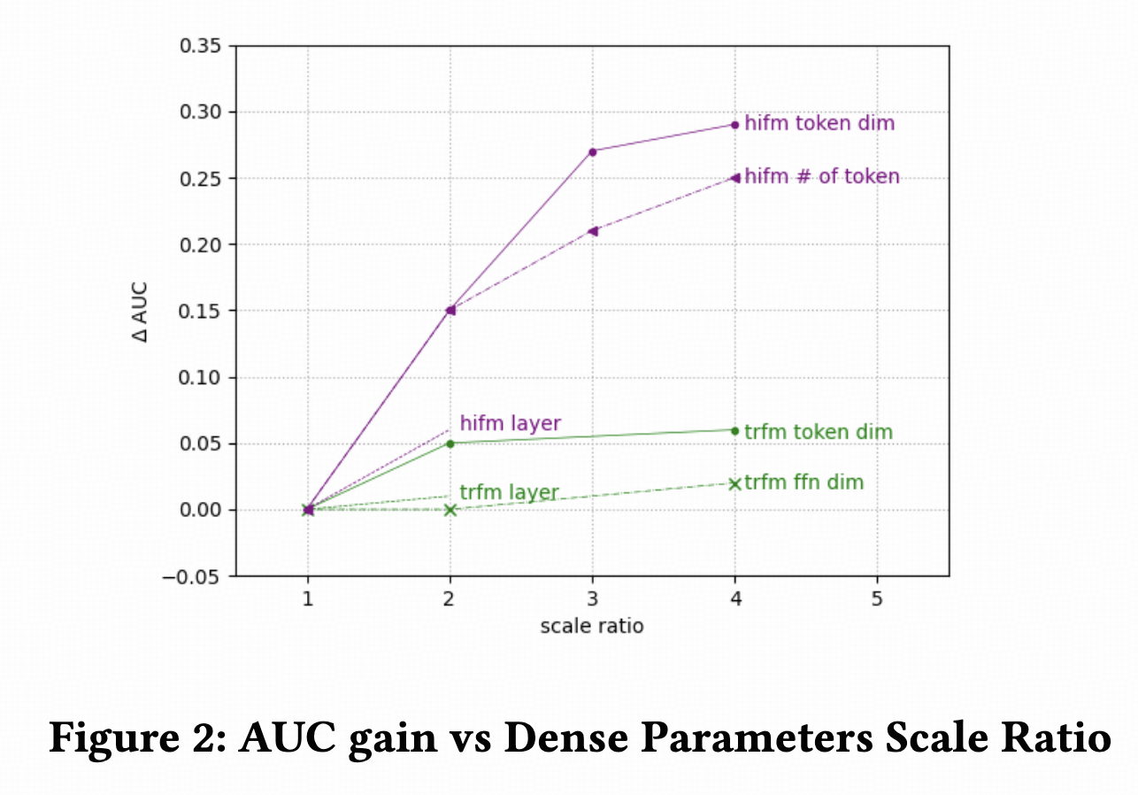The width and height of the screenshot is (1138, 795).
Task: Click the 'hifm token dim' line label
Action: [819, 124]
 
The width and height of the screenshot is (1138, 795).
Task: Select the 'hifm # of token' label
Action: [822, 177]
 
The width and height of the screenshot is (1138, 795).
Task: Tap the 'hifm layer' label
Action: [510, 423]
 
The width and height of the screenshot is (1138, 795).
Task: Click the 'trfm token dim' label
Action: [819, 432]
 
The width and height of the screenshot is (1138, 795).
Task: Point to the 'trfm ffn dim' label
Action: [804, 482]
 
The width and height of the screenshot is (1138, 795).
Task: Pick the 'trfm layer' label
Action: [509, 493]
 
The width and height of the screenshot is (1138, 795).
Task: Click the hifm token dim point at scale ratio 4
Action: [734, 125]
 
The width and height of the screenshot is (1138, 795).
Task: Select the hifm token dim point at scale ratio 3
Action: [592, 151]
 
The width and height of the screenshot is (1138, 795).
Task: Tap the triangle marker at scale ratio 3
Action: [592, 231]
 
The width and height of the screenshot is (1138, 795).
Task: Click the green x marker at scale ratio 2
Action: [450, 510]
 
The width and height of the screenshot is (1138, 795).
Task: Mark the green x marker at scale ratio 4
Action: [734, 483]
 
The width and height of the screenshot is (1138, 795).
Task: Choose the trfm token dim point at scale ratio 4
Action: [734, 430]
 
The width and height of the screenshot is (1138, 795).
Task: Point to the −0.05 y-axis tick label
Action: [194, 576]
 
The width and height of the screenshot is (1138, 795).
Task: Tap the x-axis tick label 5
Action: [877, 598]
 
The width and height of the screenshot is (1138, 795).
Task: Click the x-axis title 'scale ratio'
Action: [592, 626]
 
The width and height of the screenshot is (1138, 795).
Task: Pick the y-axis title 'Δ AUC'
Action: [141, 311]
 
